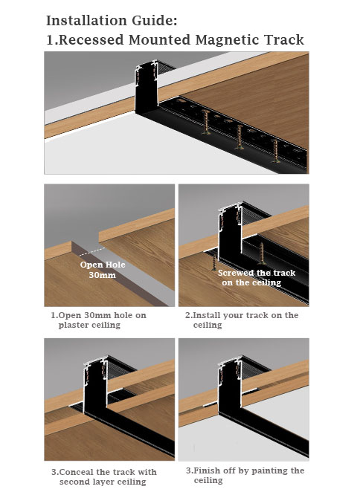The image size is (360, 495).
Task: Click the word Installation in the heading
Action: (87, 21)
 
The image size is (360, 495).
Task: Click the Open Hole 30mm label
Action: (103, 270)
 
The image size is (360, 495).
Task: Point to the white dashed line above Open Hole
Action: (92, 251)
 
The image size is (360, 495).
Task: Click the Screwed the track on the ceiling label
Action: (257, 277)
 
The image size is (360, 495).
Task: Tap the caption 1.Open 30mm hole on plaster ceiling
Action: (98, 320)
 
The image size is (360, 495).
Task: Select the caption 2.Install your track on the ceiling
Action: (242, 320)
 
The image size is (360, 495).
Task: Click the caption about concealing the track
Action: (104, 476)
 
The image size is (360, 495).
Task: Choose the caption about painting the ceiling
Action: (245, 475)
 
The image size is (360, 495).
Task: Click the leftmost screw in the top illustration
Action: (206, 122)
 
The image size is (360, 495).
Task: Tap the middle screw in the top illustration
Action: (240, 137)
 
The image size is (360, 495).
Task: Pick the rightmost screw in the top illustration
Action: (275, 151)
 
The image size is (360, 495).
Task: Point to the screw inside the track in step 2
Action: (261, 253)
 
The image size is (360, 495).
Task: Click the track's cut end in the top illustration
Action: (147, 87)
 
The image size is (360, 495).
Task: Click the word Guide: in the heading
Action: (155, 21)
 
